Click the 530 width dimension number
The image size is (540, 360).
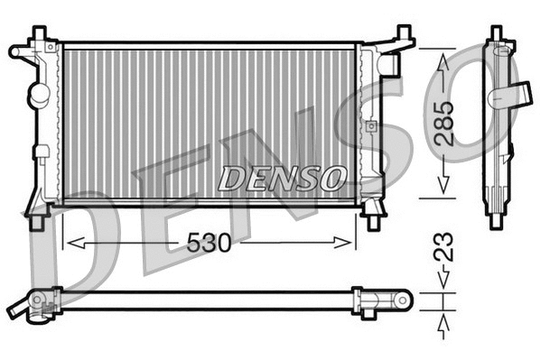pyautogui.click(x=209, y=243)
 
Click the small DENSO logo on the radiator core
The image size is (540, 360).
pyautogui.click(x=282, y=178)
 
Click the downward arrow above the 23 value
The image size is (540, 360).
pyautogui.click(x=442, y=282)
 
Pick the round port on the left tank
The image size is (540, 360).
pyautogui.click(x=37, y=93)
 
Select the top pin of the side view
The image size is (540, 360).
pyautogui.click(x=495, y=34)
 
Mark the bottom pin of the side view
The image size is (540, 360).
pyautogui.click(x=495, y=220)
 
